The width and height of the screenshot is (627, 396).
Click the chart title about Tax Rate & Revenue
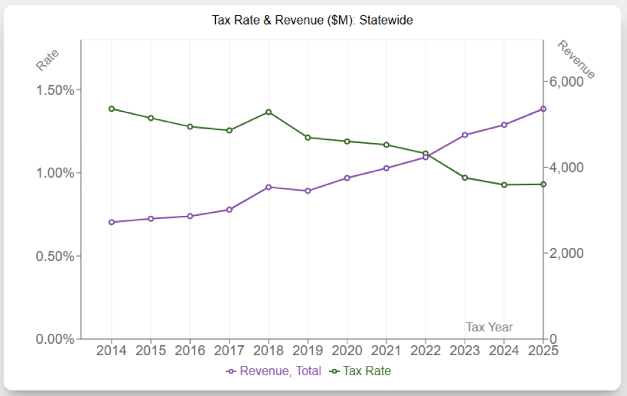coord(312,20)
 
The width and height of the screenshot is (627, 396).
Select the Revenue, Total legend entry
coord(274,371)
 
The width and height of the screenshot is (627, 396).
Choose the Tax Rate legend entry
coord(360,371)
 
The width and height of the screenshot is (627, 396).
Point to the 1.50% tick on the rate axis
coord(56,90)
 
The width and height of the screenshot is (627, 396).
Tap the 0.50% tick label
coord(56,256)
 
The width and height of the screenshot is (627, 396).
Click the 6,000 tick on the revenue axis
coord(567,82)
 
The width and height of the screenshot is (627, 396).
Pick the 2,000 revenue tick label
coord(567,254)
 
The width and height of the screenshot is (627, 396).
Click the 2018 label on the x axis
coord(268,350)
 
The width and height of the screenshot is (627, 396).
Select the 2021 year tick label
coord(386,350)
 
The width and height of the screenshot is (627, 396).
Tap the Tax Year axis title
coord(489,327)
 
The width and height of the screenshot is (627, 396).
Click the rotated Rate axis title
coord(48,60)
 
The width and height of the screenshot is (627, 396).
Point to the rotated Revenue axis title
coord(576,60)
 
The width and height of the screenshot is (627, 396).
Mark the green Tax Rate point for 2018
coord(268,112)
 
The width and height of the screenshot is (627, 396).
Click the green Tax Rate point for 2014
coord(112,109)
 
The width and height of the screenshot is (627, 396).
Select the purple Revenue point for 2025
coord(544,109)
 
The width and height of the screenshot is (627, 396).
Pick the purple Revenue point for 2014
coord(112,222)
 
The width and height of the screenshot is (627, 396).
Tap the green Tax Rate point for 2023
coord(465,178)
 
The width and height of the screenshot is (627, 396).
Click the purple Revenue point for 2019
coord(308,191)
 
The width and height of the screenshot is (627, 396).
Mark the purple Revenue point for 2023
coord(465,135)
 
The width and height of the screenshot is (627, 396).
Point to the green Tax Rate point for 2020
coord(347,141)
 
